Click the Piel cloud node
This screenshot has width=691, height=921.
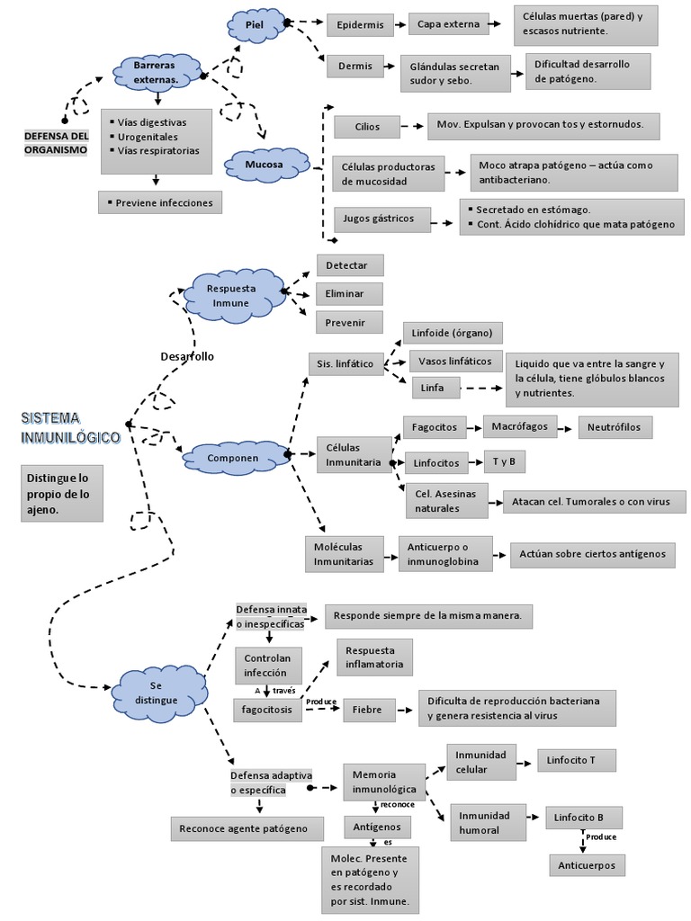256,25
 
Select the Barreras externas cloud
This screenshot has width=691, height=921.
156,73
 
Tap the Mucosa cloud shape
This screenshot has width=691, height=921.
265,165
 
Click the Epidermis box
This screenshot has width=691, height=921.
360,25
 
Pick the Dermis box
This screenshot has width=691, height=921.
354,66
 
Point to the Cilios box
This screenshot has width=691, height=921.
366,127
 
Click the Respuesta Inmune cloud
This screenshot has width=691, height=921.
231,295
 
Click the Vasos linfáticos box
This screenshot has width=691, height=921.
456,362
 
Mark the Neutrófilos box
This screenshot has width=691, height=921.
615,427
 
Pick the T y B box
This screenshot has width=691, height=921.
504,462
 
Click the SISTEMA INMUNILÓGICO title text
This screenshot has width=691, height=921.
70,427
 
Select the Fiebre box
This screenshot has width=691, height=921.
367,710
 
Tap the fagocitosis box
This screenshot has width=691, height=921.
267,710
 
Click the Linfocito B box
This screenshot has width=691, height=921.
582,817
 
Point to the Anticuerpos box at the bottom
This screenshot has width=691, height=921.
587,864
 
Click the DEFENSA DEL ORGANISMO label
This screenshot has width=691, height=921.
56,142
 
